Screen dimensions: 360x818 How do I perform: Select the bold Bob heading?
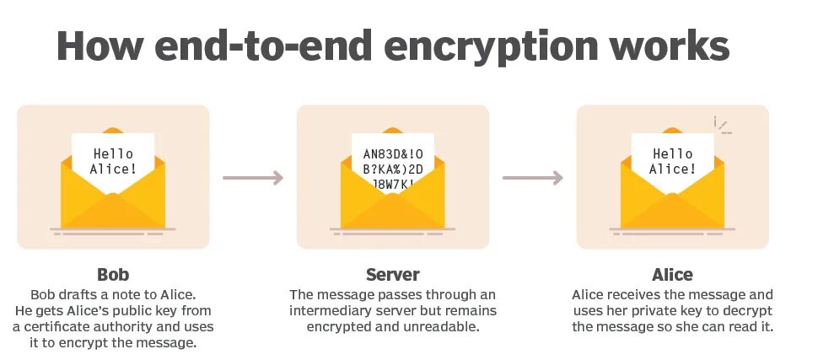pyautogui.click(x=113, y=275)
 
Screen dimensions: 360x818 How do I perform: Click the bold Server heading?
pyautogui.click(x=392, y=275)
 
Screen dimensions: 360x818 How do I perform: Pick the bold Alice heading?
pyautogui.click(x=672, y=275)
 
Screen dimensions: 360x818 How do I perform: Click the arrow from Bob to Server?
pyautogui.click(x=252, y=178)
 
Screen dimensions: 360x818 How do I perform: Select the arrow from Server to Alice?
pyautogui.click(x=532, y=178)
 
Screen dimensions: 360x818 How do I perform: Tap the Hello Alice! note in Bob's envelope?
pyautogui.click(x=113, y=161)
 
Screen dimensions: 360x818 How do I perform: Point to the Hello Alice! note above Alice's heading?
pyautogui.click(x=672, y=161)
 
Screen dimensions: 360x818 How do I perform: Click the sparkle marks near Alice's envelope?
pyautogui.click(x=721, y=126)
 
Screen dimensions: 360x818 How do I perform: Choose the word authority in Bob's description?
pyautogui.click(x=134, y=326)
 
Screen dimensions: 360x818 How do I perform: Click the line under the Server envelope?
pyautogui.click(x=392, y=228)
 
